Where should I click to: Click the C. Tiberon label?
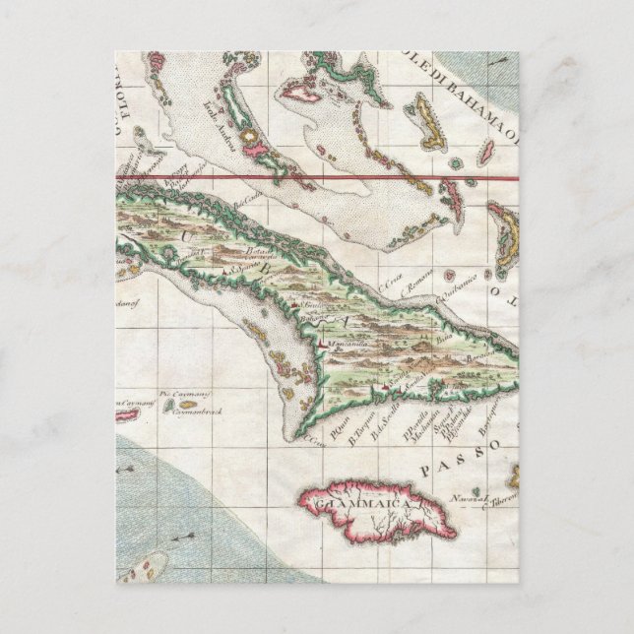[500, 498]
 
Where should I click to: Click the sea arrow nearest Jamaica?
[183, 537]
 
